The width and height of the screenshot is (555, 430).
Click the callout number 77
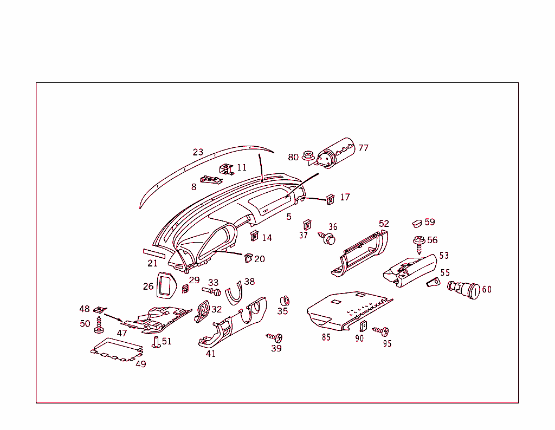[363, 148]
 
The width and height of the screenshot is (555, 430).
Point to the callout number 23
[198, 152]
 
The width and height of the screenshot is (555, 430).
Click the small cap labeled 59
[417, 222]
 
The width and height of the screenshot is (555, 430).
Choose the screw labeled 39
[275, 337]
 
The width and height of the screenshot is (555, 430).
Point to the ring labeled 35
[283, 301]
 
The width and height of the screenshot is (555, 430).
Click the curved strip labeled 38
[234, 293]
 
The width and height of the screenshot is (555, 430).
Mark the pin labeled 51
[156, 342]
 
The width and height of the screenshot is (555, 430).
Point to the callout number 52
[384, 224]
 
